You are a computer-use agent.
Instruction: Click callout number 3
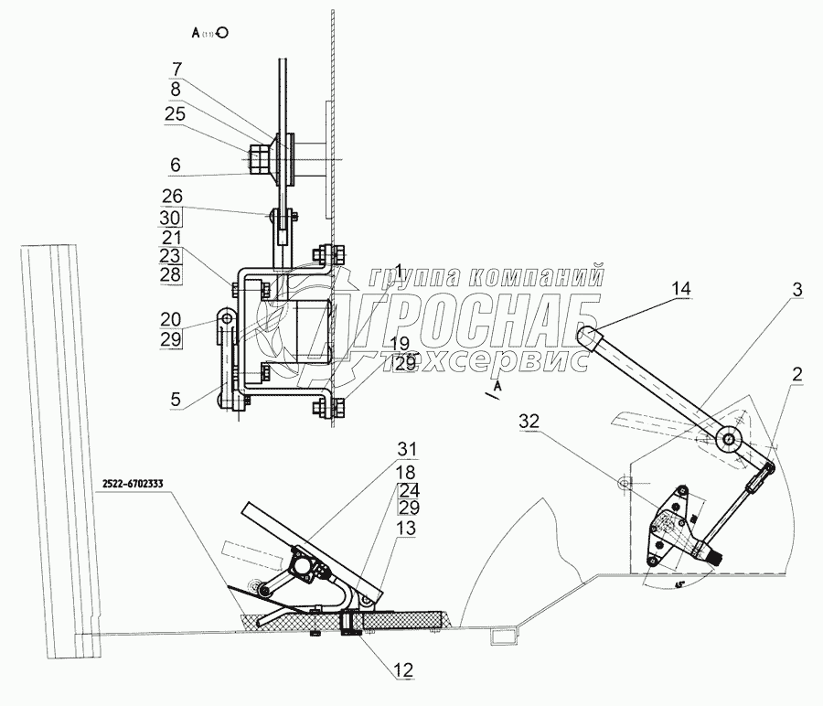[797, 290]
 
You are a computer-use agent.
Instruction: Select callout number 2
[796, 375]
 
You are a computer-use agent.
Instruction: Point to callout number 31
[405, 449]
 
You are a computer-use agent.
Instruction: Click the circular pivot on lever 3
[729, 439]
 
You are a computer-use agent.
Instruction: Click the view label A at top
[196, 32]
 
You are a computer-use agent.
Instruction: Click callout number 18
[405, 472]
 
